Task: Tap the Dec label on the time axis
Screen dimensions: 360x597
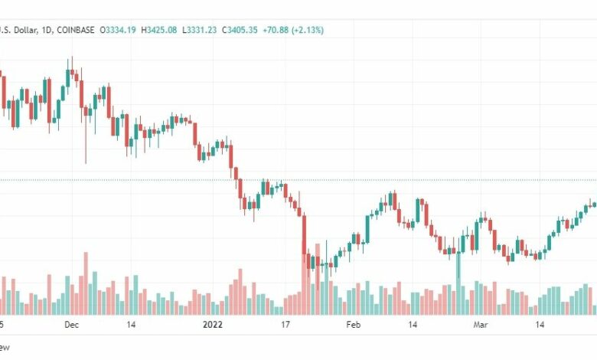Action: point(72,325)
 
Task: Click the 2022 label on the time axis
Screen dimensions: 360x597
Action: point(213,325)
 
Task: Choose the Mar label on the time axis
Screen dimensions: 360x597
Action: point(481,325)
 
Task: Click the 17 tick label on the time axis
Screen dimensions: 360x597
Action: point(285,325)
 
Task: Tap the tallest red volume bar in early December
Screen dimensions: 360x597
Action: point(86,283)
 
